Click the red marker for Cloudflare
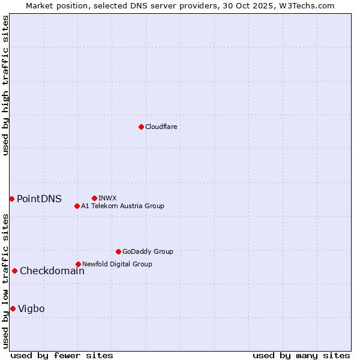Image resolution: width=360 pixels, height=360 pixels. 141,127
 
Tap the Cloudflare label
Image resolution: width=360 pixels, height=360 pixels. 161,127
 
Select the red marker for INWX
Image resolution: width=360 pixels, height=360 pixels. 94,198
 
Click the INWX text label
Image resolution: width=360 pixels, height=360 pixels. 107,198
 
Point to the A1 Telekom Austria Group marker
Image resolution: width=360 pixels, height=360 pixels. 77,206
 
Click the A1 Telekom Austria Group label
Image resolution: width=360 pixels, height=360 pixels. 122,206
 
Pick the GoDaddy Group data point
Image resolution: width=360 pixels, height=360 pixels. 118,251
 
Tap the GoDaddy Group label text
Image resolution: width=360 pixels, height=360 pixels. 148,251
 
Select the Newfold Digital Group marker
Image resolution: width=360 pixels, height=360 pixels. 78,264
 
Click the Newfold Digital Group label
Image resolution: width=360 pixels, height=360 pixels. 117,264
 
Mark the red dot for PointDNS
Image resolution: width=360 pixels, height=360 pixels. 11,199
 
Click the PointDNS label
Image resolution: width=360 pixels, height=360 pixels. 39,199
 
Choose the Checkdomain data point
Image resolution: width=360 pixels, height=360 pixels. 14,271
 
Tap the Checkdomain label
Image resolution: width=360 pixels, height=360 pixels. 52,271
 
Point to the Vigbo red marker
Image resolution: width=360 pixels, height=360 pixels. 13,308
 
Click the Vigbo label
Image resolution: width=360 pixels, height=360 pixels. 31,309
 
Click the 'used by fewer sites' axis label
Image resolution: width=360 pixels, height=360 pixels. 62,355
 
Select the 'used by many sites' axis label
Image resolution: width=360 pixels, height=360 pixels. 301,355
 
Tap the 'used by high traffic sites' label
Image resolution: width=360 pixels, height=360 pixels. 5,85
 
